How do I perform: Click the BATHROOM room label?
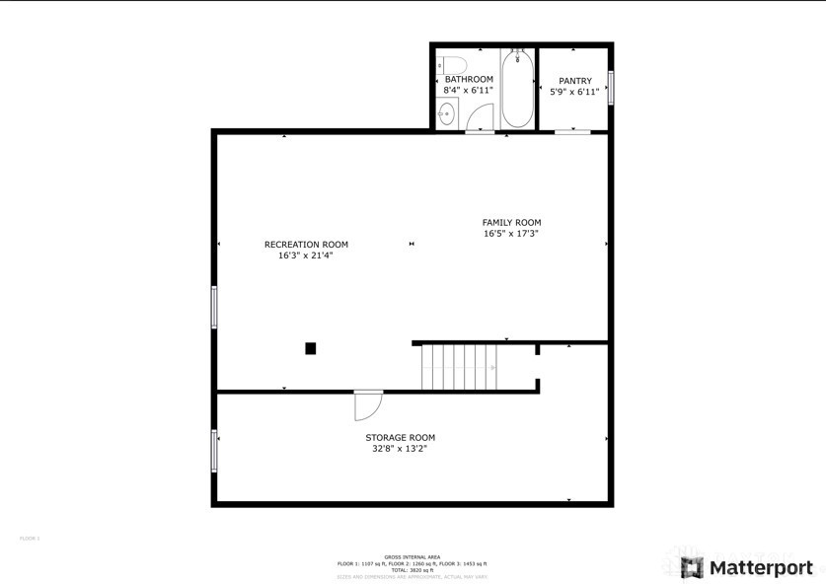click(469, 79)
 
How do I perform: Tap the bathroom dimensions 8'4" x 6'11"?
click(469, 90)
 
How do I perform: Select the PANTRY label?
click(575, 81)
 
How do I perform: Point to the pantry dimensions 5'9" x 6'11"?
click(575, 92)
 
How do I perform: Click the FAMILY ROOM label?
click(511, 223)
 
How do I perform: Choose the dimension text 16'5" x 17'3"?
click(511, 234)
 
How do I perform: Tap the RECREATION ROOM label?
click(306, 245)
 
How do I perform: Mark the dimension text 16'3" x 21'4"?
click(306, 255)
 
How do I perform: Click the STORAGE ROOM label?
click(400, 438)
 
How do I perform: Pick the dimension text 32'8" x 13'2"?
click(400, 449)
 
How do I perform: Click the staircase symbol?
click(460, 366)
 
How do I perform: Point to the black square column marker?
click(310, 347)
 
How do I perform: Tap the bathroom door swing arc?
click(479, 117)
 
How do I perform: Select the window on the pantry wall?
click(611, 88)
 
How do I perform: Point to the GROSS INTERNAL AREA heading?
click(412, 556)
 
